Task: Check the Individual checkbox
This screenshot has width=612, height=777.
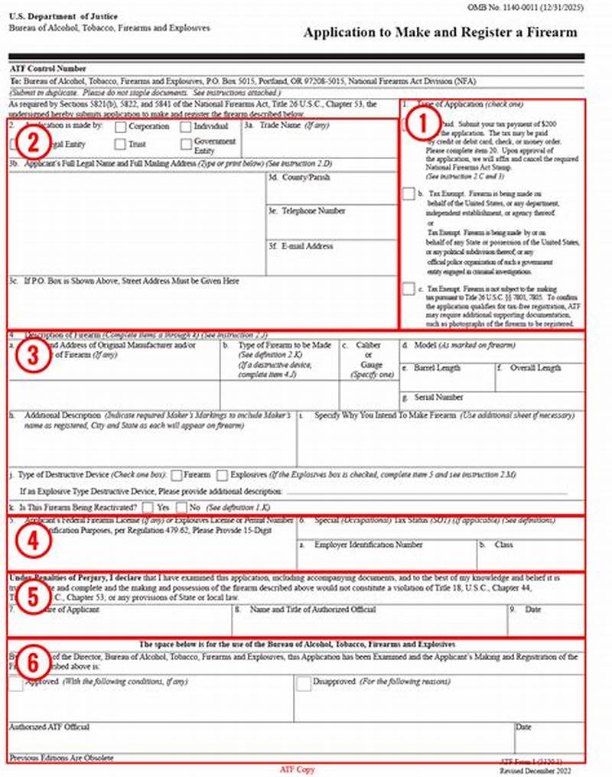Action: [x=186, y=126]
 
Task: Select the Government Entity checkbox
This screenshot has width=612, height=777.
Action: [x=186, y=145]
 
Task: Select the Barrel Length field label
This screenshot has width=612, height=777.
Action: [x=436, y=368]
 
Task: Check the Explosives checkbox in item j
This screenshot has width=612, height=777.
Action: [x=223, y=475]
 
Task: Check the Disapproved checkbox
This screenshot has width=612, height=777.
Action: [x=304, y=683]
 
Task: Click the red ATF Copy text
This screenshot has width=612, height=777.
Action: [x=297, y=769]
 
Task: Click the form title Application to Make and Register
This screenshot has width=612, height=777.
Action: [x=440, y=33]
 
